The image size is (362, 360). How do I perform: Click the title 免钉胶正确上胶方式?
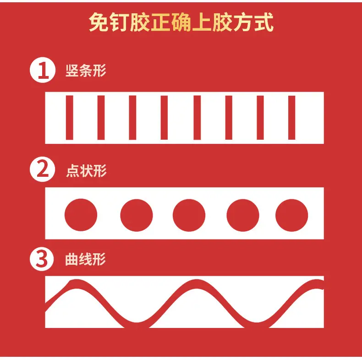click(181, 22)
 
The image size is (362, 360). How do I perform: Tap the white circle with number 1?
click(43, 70)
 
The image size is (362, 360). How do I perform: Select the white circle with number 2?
click(43, 169)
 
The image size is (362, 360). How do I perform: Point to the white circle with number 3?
click(42, 259)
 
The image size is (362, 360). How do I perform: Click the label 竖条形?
click(86, 71)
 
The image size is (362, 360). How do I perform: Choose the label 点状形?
click(86, 171)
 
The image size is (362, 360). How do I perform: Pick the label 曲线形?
click(85, 259)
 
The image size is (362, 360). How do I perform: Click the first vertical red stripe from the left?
click(70, 118)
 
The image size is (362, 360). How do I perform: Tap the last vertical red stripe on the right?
click(292, 118)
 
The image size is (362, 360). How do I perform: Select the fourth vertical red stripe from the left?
click(164, 118)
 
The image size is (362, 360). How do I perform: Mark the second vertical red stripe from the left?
click(101, 118)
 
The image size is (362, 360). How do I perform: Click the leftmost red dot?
click(81, 215)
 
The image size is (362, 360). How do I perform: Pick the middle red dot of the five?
click(189, 215)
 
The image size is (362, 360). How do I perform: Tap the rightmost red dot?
click(292, 215)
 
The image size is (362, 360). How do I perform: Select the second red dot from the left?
click(137, 215)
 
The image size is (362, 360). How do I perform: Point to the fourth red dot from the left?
click(243, 215)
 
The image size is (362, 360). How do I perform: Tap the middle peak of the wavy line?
click(196, 284)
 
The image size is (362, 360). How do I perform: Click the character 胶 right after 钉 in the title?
click(140, 22)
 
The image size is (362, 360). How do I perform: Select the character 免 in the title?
click(99, 22)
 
